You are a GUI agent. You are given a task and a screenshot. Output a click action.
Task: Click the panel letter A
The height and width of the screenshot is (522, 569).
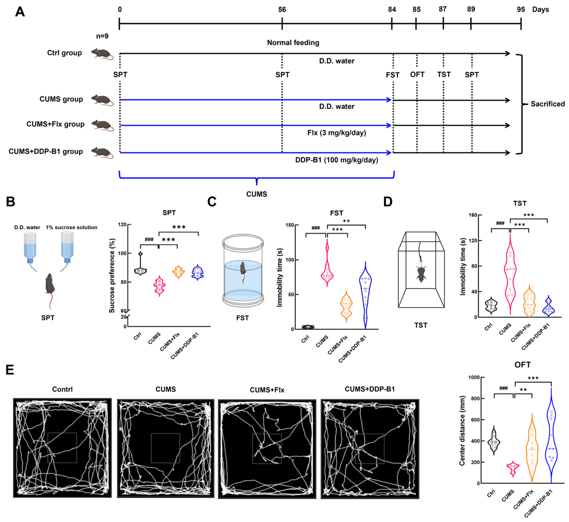[20, 12]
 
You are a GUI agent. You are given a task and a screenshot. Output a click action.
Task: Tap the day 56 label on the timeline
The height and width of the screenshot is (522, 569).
[282, 10]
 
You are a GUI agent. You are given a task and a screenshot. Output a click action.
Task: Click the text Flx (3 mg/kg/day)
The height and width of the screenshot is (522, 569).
[336, 133]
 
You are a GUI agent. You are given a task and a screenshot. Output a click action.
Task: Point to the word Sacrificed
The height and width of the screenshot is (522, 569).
[547, 104]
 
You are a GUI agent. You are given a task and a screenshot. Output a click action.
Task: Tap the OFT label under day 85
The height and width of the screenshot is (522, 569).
[417, 75]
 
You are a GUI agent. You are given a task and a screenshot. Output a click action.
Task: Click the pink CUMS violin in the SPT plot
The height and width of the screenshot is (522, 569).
[159, 286]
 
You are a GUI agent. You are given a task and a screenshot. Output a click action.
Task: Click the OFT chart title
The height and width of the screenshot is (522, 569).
[522, 365]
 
